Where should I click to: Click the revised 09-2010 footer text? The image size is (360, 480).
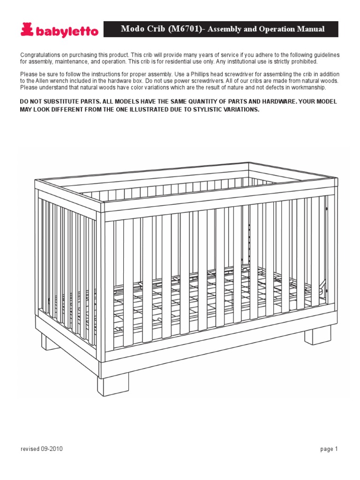pos(42,449)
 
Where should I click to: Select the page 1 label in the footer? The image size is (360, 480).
pos(329,449)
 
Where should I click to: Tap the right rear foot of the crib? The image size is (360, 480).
pos(315,336)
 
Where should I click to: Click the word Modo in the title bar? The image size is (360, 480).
pos(132,29)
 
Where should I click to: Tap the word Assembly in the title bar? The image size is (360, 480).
pos(223,29)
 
